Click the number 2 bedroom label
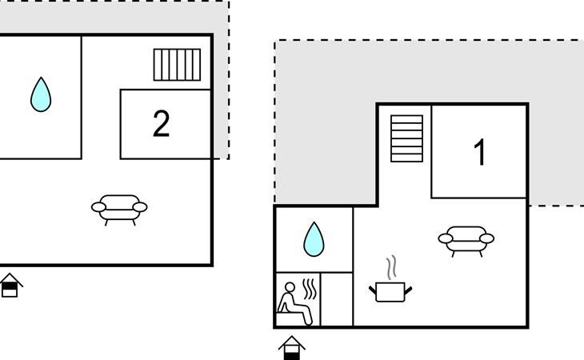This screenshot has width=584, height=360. click(162, 124)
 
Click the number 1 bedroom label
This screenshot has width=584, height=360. click(480, 152)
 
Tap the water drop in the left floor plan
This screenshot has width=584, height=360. click(41, 94)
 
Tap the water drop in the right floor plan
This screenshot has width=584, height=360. click(314, 239)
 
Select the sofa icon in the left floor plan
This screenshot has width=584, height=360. click(119, 210)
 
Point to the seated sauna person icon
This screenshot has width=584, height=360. click(294, 303)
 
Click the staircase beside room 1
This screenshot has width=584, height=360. click(406, 138)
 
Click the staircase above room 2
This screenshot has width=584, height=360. click(177, 65)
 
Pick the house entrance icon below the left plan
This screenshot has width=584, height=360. click(10, 285)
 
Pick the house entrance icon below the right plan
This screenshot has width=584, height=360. click(292, 348)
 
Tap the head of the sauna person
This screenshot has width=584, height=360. click(290, 287)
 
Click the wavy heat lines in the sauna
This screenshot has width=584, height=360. click(310, 290)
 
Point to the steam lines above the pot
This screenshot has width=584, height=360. click(391, 268)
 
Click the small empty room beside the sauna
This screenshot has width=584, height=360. click(337, 299)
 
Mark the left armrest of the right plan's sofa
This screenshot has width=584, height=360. click(446, 238)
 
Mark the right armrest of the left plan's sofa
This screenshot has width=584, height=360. click(140, 207)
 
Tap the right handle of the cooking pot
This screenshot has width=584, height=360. click(408, 290)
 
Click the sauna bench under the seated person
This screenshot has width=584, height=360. click(291, 318)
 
